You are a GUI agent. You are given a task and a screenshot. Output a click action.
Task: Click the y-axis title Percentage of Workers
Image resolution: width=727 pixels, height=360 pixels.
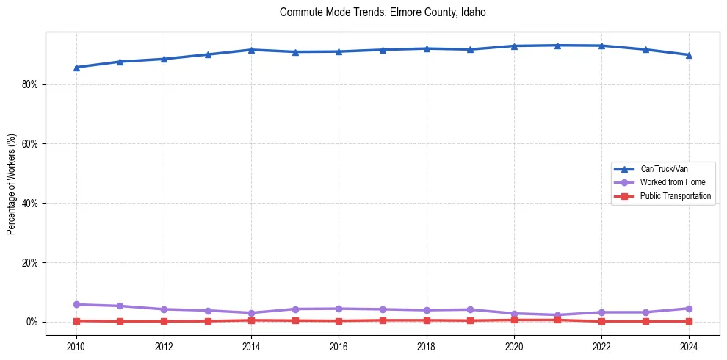pyautogui.click(x=12, y=184)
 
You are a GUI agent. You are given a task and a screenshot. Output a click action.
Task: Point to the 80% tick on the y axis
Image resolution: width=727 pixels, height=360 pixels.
pyautogui.click(x=30, y=84)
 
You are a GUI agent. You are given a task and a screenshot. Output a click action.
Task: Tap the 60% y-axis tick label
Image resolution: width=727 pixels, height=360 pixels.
pyautogui.click(x=30, y=144)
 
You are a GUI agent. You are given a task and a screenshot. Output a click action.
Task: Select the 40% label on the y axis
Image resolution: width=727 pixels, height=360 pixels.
pyautogui.click(x=30, y=204)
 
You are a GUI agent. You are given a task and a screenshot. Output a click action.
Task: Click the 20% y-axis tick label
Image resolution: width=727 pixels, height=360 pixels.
pyautogui.click(x=30, y=263)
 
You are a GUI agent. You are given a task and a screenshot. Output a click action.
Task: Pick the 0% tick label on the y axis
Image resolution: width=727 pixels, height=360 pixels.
pyautogui.click(x=32, y=322)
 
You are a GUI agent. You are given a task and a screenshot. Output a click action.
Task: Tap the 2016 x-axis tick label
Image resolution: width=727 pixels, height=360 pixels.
pyautogui.click(x=339, y=345)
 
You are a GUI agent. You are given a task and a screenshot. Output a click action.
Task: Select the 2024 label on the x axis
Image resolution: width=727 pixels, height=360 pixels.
pyautogui.click(x=689, y=345)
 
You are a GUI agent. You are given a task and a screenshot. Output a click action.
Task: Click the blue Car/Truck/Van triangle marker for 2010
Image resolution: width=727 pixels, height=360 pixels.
pyautogui.click(x=76, y=67)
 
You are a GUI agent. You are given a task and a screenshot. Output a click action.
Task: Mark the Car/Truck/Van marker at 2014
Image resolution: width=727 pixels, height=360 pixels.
pyautogui.click(x=251, y=49)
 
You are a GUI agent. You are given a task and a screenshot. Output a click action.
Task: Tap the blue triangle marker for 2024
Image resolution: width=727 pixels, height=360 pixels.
pyautogui.click(x=689, y=54)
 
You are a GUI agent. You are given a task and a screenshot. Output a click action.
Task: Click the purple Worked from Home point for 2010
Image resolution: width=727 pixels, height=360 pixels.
pyautogui.click(x=76, y=304)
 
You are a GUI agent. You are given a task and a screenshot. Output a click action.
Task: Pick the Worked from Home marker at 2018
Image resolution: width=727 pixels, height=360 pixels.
pyautogui.click(x=426, y=310)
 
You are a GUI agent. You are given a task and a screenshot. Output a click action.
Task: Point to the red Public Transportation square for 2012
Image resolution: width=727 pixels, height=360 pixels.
pyautogui.click(x=164, y=321)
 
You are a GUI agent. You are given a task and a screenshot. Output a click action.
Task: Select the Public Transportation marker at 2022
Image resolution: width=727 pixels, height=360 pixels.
pyautogui.click(x=601, y=321)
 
